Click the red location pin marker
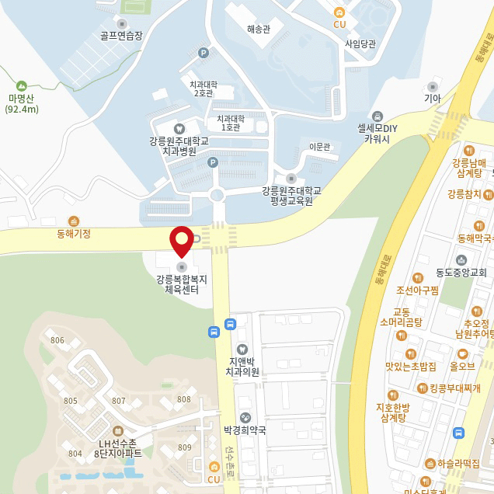point(181,240)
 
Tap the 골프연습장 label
point(121,35)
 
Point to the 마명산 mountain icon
point(22,85)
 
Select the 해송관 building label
point(258,30)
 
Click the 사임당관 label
point(360,43)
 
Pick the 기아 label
point(432,99)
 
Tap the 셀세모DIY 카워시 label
point(377,133)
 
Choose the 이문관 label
point(320,147)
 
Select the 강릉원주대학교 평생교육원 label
point(291,195)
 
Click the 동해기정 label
point(74,233)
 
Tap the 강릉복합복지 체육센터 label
point(182,284)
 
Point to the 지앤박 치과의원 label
point(243,367)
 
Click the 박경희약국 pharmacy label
point(245,430)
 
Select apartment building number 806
point(57,340)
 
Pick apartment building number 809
point(185,447)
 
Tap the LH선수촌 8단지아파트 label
point(118,447)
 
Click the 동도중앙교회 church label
point(461,273)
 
